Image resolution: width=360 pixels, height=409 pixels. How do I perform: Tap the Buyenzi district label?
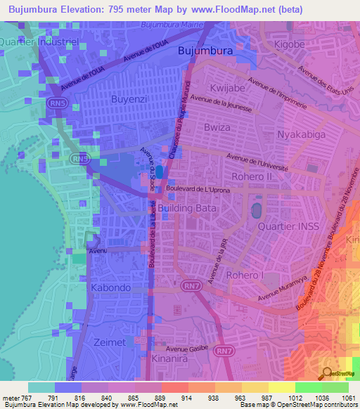point(129,100)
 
